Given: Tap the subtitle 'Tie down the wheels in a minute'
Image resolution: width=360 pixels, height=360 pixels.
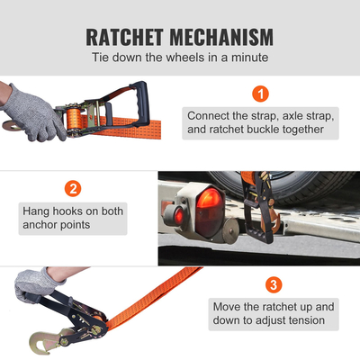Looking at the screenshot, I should tap(180, 58).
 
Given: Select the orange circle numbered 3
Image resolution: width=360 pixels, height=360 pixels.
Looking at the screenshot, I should tap(274, 286).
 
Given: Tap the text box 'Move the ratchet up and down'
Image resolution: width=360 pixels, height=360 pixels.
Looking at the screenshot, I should tap(274, 313).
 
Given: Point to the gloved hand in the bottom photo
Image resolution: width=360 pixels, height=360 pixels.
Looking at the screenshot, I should tap(34, 282).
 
